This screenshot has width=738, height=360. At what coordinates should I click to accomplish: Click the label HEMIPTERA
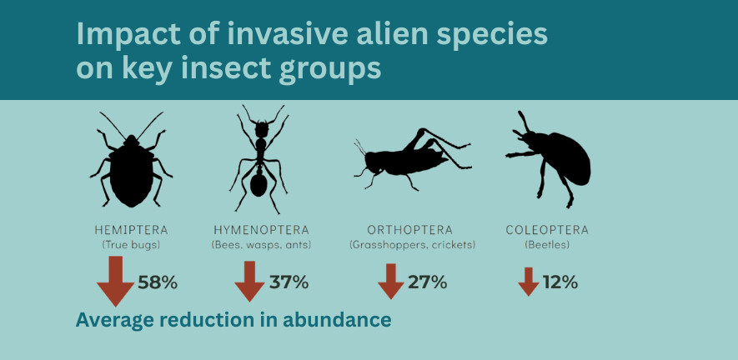click(131, 230)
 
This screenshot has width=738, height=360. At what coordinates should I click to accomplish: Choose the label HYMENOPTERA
click(261, 230)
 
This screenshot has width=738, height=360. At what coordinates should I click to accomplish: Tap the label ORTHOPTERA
click(410, 230)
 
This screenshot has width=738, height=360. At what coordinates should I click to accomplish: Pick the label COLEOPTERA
click(547, 230)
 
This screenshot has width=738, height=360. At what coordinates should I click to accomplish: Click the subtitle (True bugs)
click(131, 245)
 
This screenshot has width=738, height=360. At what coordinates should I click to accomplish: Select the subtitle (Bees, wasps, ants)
click(261, 245)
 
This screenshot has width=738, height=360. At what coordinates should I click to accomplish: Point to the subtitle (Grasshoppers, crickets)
click(412, 245)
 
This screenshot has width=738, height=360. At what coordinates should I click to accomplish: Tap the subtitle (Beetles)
click(547, 245)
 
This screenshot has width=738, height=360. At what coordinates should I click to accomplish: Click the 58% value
click(158, 282)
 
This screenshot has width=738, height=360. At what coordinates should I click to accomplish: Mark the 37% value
click(289, 282)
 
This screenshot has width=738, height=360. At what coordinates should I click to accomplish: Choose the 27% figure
click(427, 282)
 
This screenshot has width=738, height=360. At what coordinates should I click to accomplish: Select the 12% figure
click(560, 282)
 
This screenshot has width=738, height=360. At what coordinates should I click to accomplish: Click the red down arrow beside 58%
click(115, 282)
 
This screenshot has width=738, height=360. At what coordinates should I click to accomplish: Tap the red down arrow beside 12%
click(529, 282)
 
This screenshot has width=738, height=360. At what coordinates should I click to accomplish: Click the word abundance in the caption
click(337, 320)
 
